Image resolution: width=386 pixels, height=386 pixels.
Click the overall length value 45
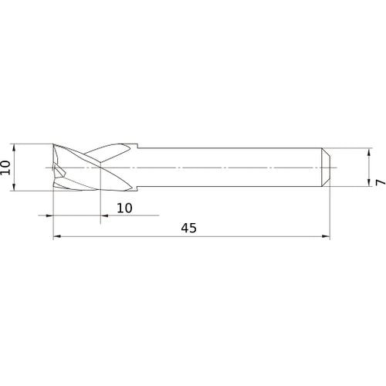pyautogui.click(x=189, y=228)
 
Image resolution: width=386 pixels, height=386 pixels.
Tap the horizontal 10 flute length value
pyautogui.click(x=125, y=208)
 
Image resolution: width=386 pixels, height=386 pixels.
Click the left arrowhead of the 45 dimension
pyautogui.click(x=56, y=238)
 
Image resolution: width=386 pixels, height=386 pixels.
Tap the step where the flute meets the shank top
pyautogui.click(x=137, y=147)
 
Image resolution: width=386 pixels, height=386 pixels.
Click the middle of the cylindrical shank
pyautogui.click(x=232, y=167)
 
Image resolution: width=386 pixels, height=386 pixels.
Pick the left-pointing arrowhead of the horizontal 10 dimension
pyautogui.click(x=56, y=215)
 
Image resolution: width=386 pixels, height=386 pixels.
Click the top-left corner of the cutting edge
pyautogui.click(x=53, y=145)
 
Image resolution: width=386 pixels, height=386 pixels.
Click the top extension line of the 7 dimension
pyautogui.click(x=351, y=148)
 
